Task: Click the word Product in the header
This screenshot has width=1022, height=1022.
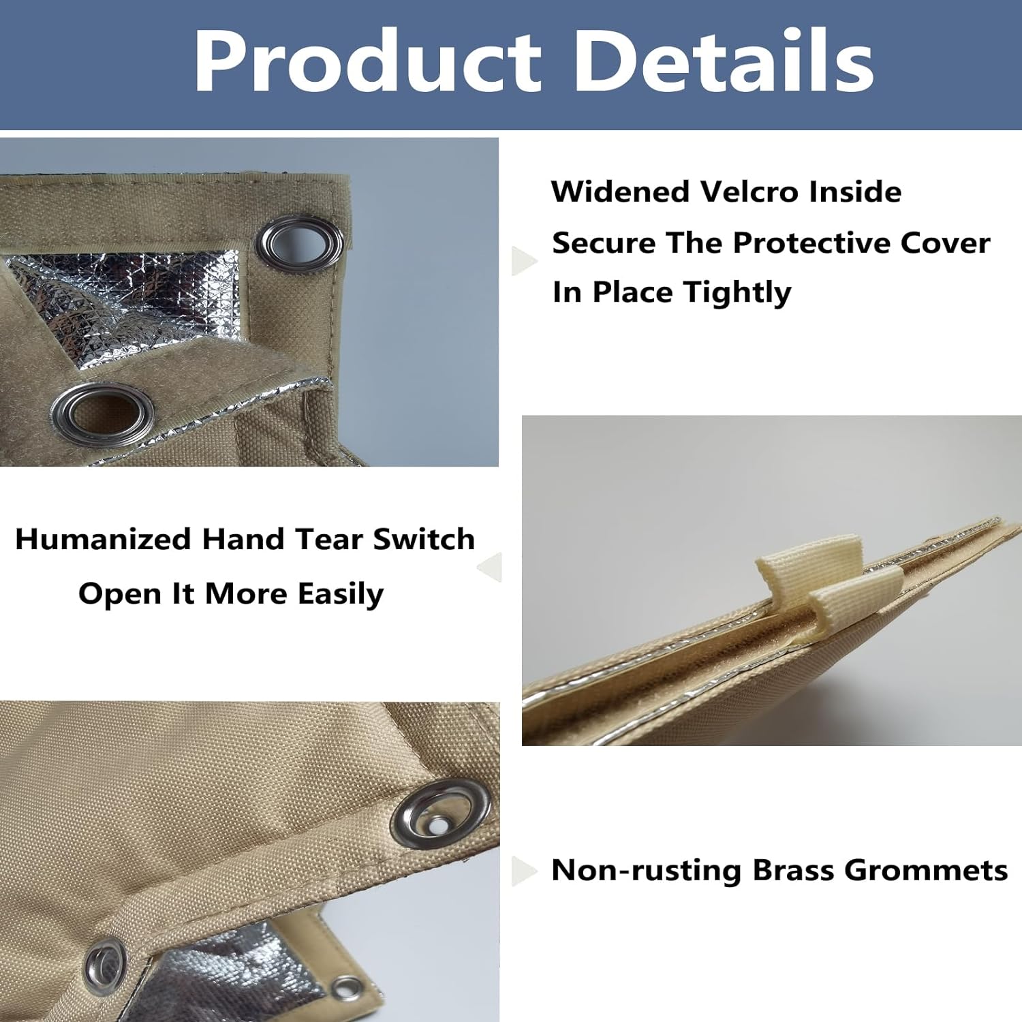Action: [367, 61]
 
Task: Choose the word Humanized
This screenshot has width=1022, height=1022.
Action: [103, 539]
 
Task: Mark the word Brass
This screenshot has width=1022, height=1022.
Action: [793, 870]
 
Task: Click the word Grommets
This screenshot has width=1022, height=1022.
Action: [926, 870]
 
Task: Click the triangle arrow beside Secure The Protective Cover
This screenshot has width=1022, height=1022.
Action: [524, 260]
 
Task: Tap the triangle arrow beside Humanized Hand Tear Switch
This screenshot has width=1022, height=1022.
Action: [489, 566]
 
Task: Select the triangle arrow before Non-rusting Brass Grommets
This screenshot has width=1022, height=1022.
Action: [524, 870]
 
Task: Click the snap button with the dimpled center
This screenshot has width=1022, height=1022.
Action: [440, 814]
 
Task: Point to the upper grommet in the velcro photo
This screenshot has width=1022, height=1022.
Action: [299, 244]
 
